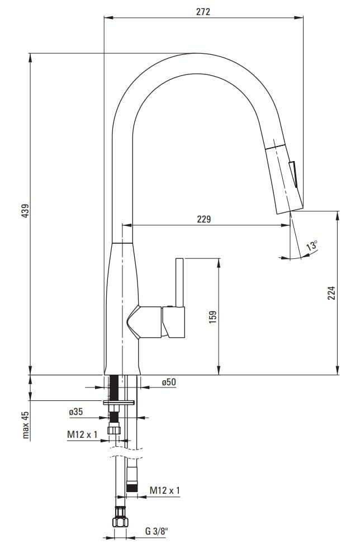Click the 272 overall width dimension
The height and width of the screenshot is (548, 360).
click(203, 12)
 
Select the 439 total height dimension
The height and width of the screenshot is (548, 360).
click(26, 210)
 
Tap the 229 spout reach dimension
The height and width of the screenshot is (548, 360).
click(204, 219)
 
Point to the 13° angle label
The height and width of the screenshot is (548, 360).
click(312, 245)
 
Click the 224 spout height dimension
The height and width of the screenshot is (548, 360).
click(331, 292)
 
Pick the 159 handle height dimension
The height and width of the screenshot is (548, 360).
click(213, 316)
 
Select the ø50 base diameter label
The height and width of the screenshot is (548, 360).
click(169, 382)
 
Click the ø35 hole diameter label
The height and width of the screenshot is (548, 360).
click(76, 412)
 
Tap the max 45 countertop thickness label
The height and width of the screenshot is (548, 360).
click(26, 424)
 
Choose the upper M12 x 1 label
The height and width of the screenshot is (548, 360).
click(82, 434)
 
